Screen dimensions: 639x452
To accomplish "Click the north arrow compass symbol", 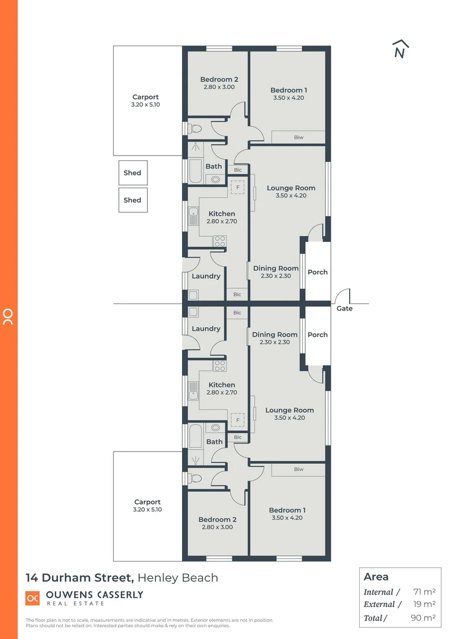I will (401, 50).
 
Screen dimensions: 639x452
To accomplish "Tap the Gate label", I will (344, 308).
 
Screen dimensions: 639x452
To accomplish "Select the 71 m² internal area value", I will (424, 592).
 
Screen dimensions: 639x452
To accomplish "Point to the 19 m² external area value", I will (424, 604).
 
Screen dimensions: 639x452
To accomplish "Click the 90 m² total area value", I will (423, 618).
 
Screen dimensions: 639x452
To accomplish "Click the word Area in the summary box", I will (376, 577).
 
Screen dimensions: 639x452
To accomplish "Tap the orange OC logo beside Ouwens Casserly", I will (33, 598).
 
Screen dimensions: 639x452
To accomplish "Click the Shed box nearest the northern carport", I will (133, 173).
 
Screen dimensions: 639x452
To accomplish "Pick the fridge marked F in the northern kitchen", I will (238, 188).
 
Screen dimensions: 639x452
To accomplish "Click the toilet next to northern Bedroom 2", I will (196, 128).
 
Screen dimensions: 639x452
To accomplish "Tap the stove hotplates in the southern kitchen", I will (219, 366).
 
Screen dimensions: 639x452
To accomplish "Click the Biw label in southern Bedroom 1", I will (298, 470).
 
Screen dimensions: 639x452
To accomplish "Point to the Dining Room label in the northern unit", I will (276, 268).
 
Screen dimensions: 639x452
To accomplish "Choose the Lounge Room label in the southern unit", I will (289, 410).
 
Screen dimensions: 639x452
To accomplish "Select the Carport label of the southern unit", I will (147, 502).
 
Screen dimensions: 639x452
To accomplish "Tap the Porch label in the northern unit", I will (318, 272).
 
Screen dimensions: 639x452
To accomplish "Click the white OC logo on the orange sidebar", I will (8, 317).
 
